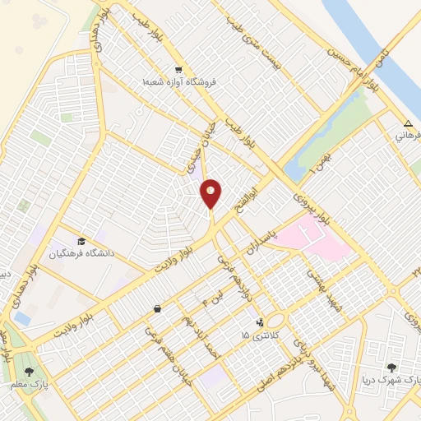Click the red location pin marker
pos(211,193)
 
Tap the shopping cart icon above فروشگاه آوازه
pos(179,71)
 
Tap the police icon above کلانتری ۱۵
pos(261,322)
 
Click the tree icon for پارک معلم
pos(29,372)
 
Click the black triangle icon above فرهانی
pos(407,123)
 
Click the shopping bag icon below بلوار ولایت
pos(157,309)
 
